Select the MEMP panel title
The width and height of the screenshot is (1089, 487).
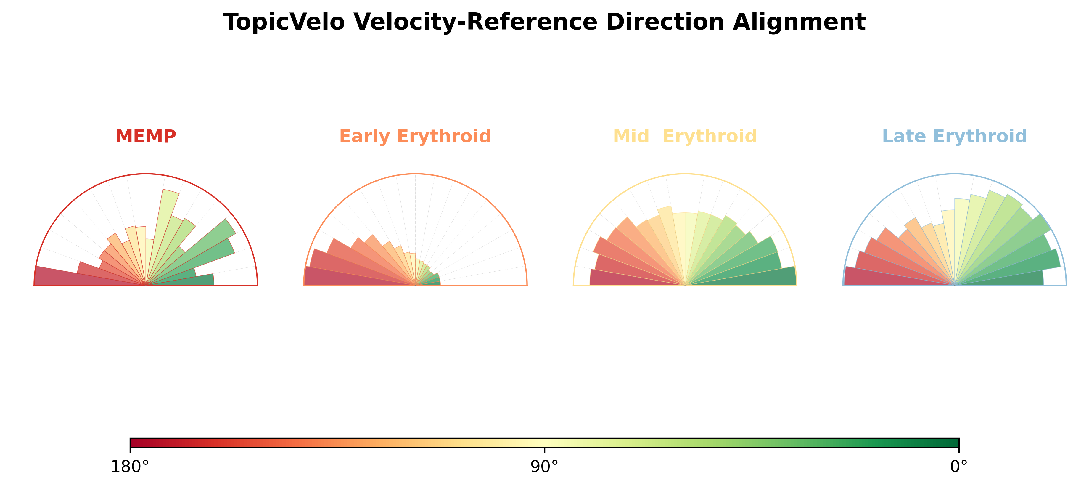146,136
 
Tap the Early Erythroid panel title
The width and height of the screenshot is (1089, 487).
415,136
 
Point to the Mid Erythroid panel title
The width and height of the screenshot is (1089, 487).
685,136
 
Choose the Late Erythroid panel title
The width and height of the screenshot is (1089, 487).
955,136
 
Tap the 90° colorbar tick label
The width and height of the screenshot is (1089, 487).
545,467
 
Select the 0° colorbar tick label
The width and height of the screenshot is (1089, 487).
959,467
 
